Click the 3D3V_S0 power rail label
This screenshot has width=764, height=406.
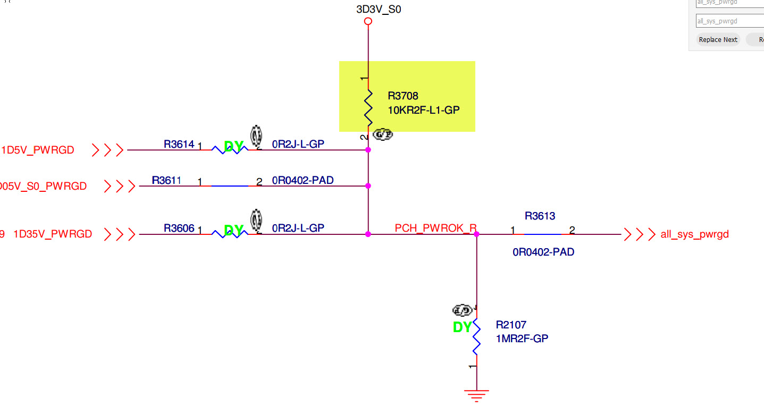point(379,9)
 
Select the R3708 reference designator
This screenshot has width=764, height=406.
point(403,96)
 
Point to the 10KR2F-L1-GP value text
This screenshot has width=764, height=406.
point(424,111)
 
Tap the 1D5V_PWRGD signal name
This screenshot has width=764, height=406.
point(38,150)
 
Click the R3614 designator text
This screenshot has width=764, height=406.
point(179,144)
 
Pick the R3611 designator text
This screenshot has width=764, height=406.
point(166,180)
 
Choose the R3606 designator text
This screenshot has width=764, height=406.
point(179,228)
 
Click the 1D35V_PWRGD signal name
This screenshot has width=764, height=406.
point(53,234)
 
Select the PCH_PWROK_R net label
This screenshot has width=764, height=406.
point(435,229)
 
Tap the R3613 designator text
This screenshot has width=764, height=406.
point(540,216)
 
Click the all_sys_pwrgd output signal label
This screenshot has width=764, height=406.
point(694,234)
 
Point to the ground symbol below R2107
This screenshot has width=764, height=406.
point(476,395)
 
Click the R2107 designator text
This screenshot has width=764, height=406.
point(511,325)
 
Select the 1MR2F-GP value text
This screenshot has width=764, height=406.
point(522,338)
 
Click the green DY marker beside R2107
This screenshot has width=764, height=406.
point(463,328)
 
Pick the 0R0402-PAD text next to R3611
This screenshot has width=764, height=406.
point(303,181)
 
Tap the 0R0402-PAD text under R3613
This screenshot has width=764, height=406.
point(543,252)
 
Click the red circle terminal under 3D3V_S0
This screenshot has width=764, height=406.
point(367,22)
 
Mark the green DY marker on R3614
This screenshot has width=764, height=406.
point(233,147)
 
